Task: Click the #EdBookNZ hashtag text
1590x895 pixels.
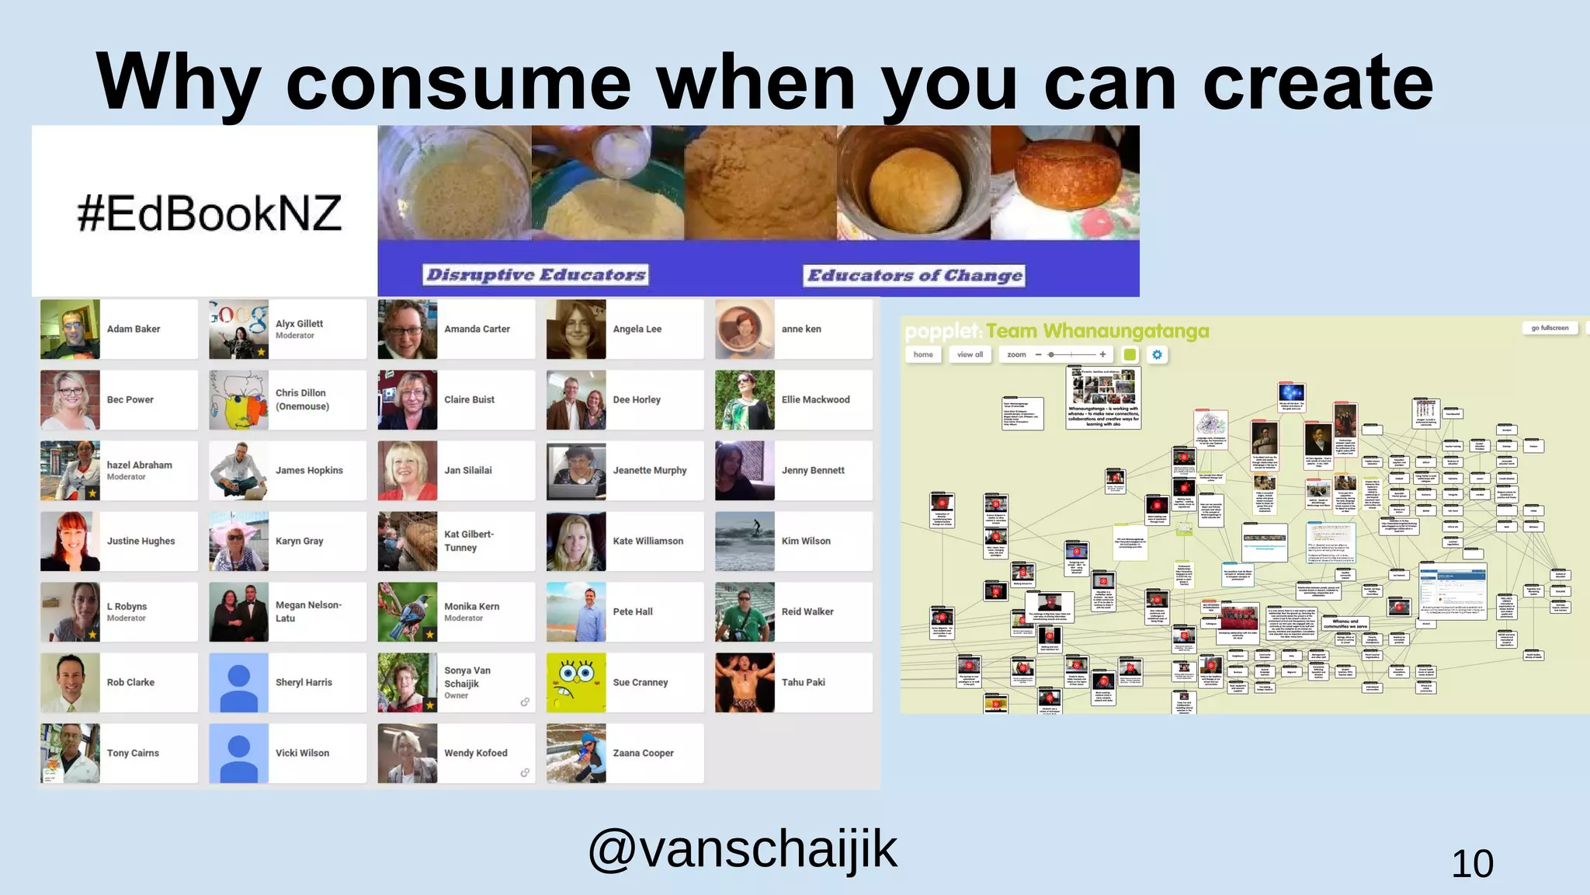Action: coord(210,214)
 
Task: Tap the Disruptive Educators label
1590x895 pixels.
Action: coord(536,275)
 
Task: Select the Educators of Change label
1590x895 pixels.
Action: coord(915,276)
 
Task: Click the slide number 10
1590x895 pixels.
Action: coord(1472,864)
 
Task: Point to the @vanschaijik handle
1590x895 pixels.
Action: coord(742,849)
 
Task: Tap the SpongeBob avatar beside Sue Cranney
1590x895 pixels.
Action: coord(576,682)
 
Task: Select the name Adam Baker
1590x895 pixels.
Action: coord(134,329)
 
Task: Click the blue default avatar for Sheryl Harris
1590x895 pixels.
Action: coord(239,682)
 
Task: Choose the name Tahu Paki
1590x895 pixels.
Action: coord(803,682)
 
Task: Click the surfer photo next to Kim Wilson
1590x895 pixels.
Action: coord(745,541)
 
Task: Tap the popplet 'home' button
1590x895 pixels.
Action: coord(923,355)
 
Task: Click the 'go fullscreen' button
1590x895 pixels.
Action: coord(1550,328)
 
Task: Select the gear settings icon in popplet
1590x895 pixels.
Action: coord(1157,355)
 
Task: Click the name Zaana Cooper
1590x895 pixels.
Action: coord(643,753)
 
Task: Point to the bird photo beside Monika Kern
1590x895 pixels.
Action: coord(408,611)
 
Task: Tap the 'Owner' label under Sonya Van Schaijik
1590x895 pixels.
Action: coord(456,695)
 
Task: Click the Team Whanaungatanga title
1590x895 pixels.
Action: coord(1098,332)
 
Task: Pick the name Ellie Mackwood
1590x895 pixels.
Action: coord(815,399)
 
